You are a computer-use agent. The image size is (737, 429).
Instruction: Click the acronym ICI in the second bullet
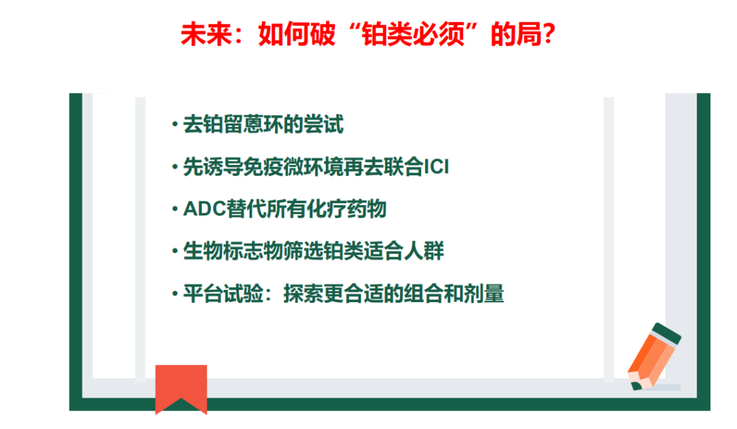pos(436,167)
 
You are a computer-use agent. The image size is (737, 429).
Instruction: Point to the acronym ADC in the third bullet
pos(205,209)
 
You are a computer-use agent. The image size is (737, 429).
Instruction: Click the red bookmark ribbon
pos(181,389)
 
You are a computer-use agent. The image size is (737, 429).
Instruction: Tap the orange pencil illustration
pos(654,357)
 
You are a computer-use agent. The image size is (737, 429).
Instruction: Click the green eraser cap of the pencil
pos(667,332)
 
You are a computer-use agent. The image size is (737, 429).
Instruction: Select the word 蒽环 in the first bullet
pos(264,125)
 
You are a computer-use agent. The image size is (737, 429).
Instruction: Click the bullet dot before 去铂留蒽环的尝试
pos(175,125)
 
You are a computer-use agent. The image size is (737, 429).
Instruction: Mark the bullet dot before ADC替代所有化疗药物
pos(175,209)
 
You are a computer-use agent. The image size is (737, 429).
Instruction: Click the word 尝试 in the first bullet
pos(324,125)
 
